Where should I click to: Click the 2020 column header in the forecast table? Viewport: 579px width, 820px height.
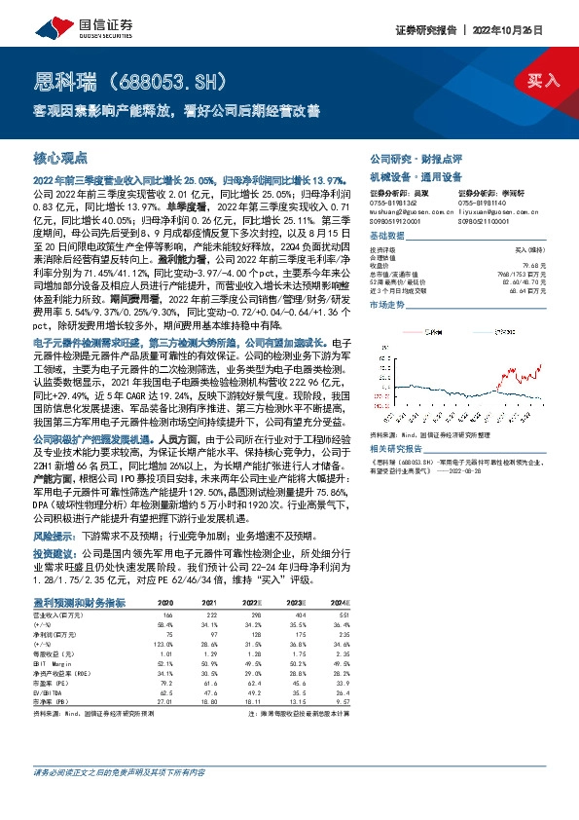pyautogui.click(x=165, y=603)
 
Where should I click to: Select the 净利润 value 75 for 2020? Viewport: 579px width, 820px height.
pyautogui.click(x=167, y=634)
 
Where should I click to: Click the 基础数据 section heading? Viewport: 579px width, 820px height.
pyautogui.click(x=385, y=237)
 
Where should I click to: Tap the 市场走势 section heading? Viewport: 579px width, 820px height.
pyautogui.click(x=385, y=304)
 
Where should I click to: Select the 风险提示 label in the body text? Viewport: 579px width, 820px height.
pyautogui.click(x=55, y=537)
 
